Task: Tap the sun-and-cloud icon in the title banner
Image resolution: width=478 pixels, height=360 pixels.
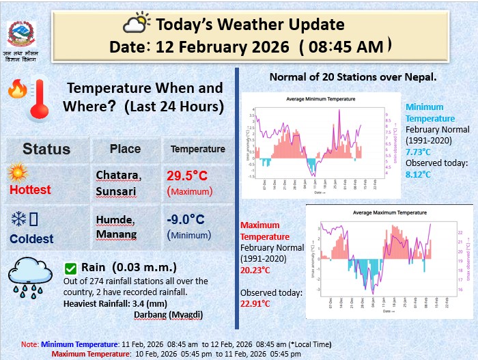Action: tap(136, 23)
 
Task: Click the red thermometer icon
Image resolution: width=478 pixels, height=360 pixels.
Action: tap(37, 98)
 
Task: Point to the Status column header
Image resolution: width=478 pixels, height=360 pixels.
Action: tap(46, 149)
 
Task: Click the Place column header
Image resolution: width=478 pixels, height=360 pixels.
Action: tap(125, 149)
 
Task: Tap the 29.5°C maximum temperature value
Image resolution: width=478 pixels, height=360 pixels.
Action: tap(186, 176)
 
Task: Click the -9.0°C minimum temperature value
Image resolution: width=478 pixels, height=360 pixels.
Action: tap(186, 219)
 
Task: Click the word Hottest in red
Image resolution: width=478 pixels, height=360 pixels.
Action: tap(30, 190)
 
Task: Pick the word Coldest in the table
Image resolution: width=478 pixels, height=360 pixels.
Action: tap(31, 239)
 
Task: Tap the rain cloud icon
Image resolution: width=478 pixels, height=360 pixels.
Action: tap(29, 279)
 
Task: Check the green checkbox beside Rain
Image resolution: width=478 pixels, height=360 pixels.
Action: tap(70, 268)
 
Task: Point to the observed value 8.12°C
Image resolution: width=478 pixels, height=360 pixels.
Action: tap(419, 174)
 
